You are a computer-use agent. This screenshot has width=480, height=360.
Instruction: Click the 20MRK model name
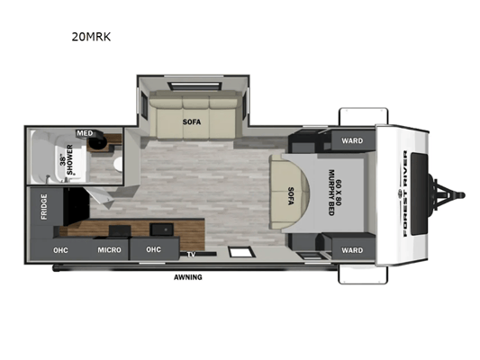pyautogui.click(x=91, y=37)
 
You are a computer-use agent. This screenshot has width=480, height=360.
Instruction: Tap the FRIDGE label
pyautogui.click(x=44, y=207)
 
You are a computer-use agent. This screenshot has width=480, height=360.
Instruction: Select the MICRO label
pyautogui.click(x=109, y=250)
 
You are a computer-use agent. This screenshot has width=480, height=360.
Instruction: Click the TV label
pyautogui.click(x=191, y=254)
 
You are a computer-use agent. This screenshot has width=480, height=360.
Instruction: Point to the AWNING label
pyautogui.click(x=188, y=277)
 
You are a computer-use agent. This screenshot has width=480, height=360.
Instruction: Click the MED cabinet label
pyautogui.click(x=85, y=133)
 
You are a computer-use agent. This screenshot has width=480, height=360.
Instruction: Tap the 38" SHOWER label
pyautogui.click(x=67, y=159)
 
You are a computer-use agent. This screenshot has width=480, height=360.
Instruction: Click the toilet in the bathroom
pyautogui.click(x=118, y=164)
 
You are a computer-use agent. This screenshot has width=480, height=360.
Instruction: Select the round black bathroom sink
pyautogui.click(x=97, y=141)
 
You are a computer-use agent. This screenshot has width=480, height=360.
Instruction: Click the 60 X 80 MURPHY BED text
pyautogui.click(x=335, y=193)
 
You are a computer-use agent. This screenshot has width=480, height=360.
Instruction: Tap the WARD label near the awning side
pyautogui.click(x=352, y=250)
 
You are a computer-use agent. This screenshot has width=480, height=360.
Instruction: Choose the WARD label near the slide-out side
pyautogui.click(x=352, y=140)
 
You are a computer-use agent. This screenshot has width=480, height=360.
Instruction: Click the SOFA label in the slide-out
pyautogui.click(x=192, y=121)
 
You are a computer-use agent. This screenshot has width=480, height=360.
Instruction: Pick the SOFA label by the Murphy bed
pyautogui.click(x=291, y=196)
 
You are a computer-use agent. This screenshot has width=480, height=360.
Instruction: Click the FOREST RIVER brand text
pyautogui.click(x=405, y=193)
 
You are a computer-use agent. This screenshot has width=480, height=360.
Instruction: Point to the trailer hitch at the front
pyautogui.click(x=447, y=195)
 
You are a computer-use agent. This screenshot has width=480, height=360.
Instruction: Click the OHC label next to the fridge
pyautogui.click(x=60, y=250)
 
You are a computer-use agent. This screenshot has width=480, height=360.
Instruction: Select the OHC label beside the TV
pyautogui.click(x=153, y=249)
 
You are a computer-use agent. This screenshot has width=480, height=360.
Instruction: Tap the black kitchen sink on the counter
pyautogui.click(x=161, y=229)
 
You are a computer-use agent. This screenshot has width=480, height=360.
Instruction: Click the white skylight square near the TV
pyautogui.click(x=242, y=253)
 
